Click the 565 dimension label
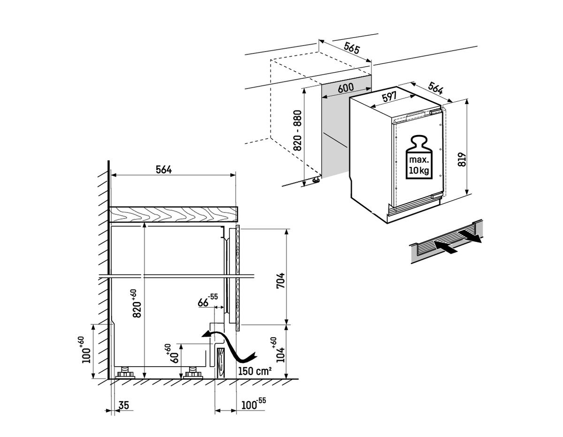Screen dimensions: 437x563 click(352, 47)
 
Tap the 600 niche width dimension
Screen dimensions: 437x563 click(345, 88)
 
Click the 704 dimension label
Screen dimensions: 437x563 click(280, 281)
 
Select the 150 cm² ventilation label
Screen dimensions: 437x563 click(255, 371)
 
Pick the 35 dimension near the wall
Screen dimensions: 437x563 click(124, 405)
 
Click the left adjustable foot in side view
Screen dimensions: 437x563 click(126, 373)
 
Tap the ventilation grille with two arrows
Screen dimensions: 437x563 click(446, 241)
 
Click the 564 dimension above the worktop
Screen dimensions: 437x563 click(164, 170)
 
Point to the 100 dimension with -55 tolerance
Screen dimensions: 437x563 click(253, 405)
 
